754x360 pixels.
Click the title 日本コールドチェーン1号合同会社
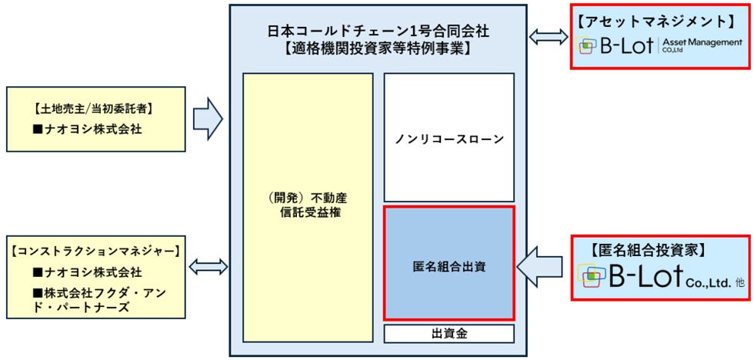pos(378,32)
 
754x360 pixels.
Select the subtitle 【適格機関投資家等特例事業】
pos(378,49)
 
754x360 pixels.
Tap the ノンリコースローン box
pos(449,139)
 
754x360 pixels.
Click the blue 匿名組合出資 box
pos(449,268)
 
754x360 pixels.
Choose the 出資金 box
pos(449,333)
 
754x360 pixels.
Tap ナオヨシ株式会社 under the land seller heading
pos(87,129)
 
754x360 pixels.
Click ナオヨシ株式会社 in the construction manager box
pos(87,272)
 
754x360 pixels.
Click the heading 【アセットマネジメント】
pos(661,20)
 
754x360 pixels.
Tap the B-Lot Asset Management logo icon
pos(587,45)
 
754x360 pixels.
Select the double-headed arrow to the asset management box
pos(548,36)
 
